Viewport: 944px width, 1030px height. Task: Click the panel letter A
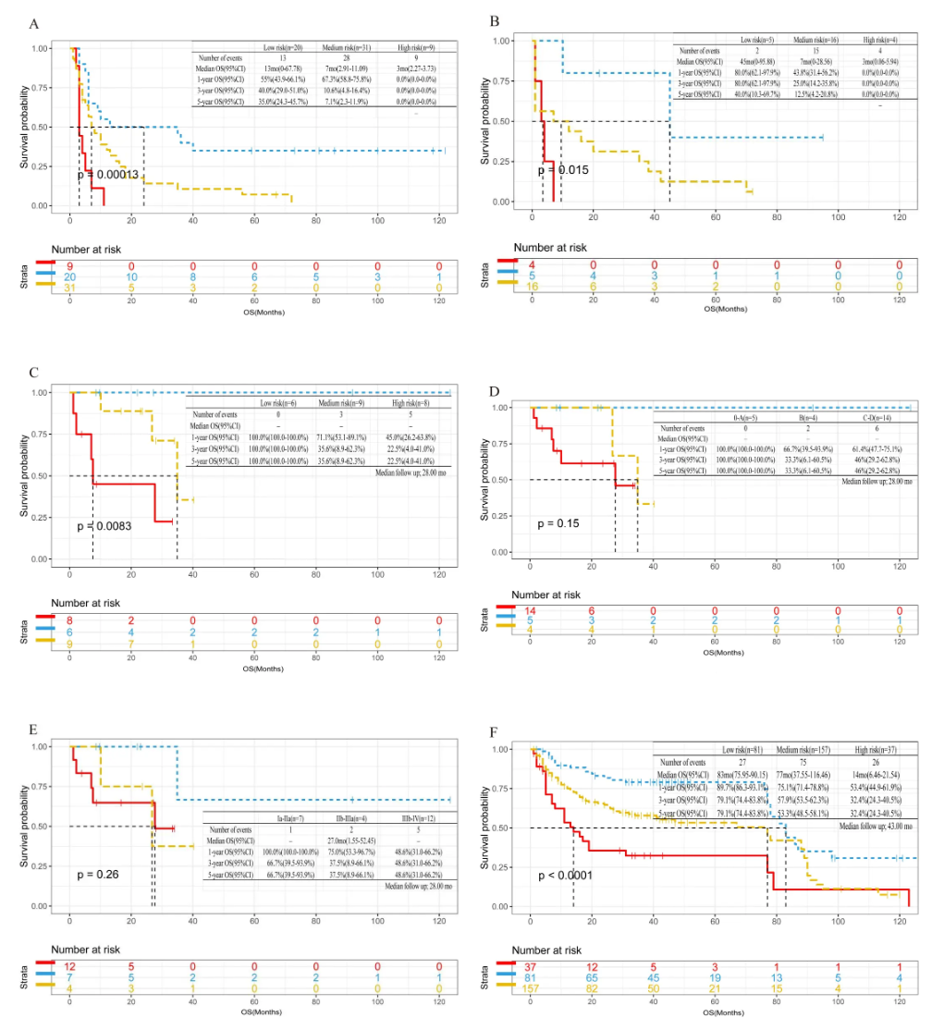coord(34,22)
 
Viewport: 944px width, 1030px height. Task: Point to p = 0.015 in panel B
coord(563,170)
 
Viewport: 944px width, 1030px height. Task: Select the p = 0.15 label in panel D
coord(562,523)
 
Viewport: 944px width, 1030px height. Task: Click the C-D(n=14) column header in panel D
coord(882,416)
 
